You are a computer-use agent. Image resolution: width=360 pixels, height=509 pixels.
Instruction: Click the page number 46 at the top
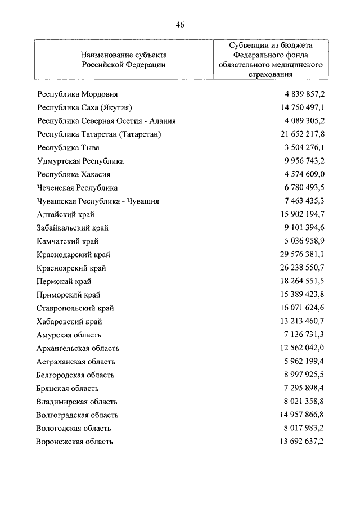179,25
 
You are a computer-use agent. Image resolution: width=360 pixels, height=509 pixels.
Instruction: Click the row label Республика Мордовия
77,94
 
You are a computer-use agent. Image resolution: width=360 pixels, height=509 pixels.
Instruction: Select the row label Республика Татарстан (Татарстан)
99,134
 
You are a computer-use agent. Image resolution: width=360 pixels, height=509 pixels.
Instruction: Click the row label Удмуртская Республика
80,161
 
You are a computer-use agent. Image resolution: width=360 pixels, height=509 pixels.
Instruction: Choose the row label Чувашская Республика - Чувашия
97,201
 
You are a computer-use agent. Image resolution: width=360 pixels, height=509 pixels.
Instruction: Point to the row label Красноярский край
71,268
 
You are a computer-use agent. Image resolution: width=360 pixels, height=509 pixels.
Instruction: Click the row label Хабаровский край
70,322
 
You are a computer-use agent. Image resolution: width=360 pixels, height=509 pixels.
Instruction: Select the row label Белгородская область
75,375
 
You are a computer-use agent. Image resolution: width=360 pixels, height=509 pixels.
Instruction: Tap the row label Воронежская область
75,442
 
